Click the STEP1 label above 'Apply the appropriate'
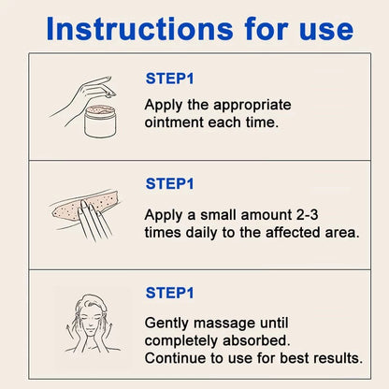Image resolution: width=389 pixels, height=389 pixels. click(169, 79)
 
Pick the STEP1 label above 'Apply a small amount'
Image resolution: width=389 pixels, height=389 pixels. click(169, 183)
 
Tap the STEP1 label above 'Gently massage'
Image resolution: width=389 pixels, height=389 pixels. click(169, 293)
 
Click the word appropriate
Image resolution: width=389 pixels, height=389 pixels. click(252, 106)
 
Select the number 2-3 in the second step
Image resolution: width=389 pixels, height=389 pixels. click(307, 215)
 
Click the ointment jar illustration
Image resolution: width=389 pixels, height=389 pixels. click(100, 122)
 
